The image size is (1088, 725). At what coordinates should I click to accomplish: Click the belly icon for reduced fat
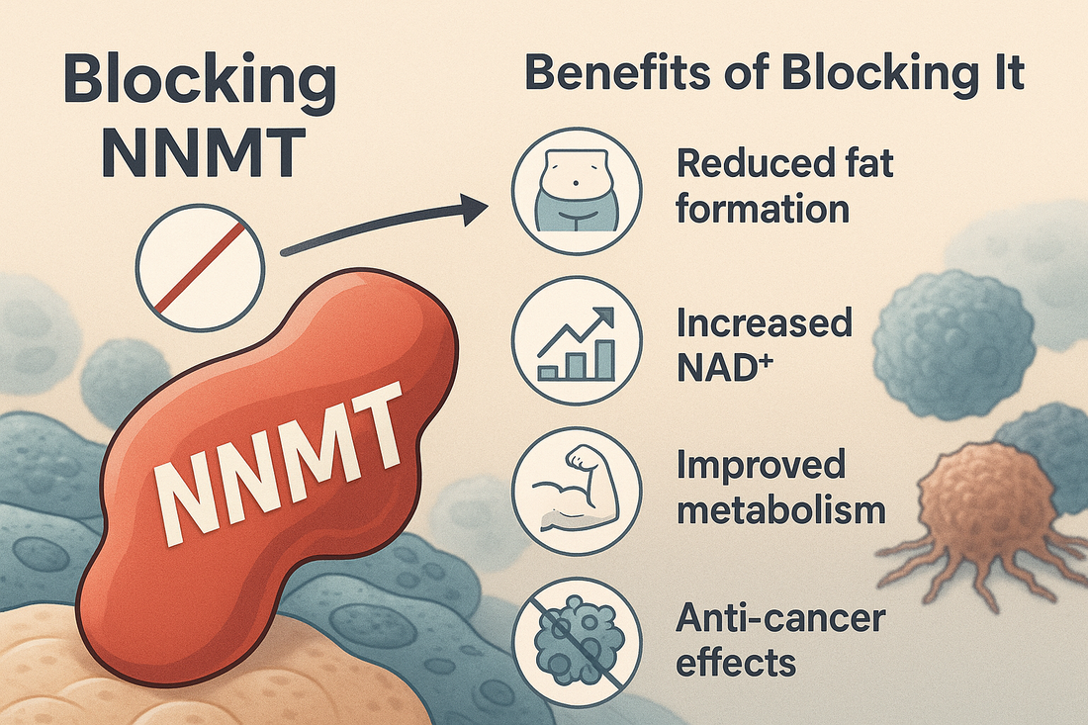pyautogui.click(x=577, y=188)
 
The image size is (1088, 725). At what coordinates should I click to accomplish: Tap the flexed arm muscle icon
pyautogui.click(x=577, y=494)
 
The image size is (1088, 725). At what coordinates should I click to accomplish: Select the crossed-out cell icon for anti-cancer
pyautogui.click(x=577, y=644)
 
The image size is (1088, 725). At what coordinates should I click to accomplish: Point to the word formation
pyautogui.click(x=762, y=209)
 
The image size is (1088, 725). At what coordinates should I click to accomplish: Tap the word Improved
pyautogui.click(x=761, y=466)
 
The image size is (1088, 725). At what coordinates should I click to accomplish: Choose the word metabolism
pyautogui.click(x=780, y=511)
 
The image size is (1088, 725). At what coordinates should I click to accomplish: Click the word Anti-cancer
pyautogui.click(x=780, y=618)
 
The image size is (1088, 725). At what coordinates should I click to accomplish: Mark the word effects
pyautogui.click(x=736, y=664)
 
